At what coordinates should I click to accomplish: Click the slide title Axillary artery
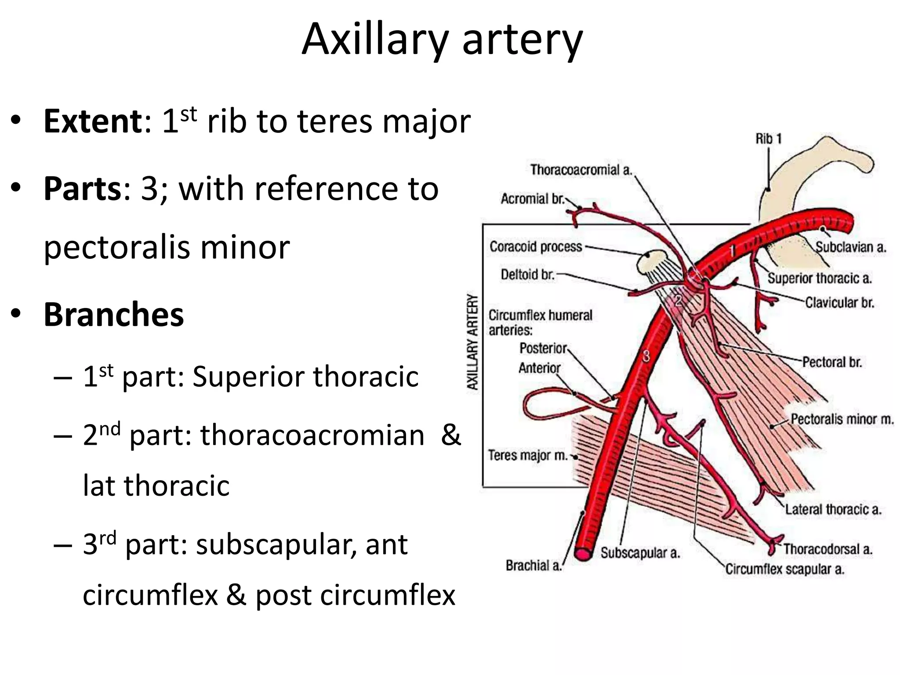442,40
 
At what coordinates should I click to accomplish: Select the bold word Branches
113,315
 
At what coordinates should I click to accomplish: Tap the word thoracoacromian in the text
312,435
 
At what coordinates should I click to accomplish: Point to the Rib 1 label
769,139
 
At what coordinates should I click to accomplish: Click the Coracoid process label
536,247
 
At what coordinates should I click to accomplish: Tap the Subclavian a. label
851,247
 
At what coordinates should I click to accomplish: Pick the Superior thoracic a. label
820,278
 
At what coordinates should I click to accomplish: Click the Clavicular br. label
839,303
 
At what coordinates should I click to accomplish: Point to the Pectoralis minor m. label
842,419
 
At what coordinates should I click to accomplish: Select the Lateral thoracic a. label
833,509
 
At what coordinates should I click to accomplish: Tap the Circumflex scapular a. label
785,569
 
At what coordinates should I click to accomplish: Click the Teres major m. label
528,455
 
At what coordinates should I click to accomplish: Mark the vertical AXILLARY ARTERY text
472,342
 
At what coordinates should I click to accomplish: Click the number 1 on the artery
732,251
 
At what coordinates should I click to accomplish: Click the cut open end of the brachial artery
584,554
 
